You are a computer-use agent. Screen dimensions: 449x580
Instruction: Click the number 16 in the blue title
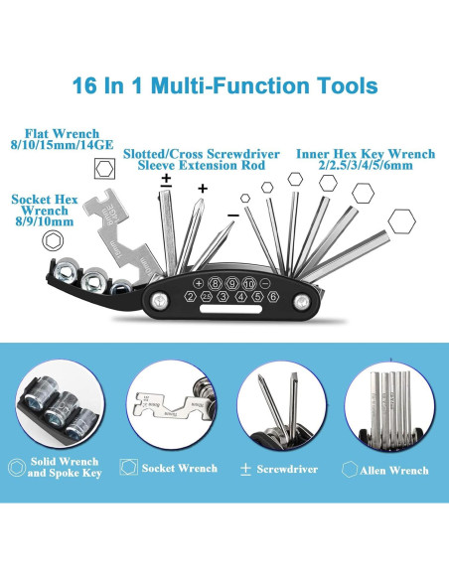pos(84,85)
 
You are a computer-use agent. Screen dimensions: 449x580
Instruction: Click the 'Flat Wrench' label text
pos(62,133)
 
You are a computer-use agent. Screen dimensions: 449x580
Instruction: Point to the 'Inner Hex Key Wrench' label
pos(366,154)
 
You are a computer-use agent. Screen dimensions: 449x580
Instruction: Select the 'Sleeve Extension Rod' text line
pos(202,165)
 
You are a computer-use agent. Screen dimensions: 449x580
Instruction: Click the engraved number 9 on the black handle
pos(232,284)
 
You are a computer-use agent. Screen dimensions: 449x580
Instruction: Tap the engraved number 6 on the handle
pos(273,296)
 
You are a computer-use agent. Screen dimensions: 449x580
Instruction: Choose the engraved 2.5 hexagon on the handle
pos(207,296)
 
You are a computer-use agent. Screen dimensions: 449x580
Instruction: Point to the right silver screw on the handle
pos(301,302)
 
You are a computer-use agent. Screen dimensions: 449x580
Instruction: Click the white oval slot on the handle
pos(230,309)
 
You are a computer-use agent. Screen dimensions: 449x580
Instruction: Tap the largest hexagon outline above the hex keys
pos(401,221)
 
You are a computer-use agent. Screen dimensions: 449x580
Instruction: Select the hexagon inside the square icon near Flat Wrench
pos(104,169)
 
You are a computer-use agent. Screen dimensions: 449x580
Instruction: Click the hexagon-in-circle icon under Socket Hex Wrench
pos(53,240)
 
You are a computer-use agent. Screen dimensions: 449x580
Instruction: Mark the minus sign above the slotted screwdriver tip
pos(233,215)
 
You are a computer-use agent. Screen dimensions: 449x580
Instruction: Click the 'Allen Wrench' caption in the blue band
pos(394,471)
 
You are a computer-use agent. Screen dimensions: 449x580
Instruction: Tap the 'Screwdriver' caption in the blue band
pos(287,469)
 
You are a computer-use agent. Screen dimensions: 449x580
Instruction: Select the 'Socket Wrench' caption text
pos(180,468)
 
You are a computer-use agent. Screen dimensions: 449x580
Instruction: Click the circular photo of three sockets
pos(60,404)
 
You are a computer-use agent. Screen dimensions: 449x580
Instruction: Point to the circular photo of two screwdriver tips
pos(282,406)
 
